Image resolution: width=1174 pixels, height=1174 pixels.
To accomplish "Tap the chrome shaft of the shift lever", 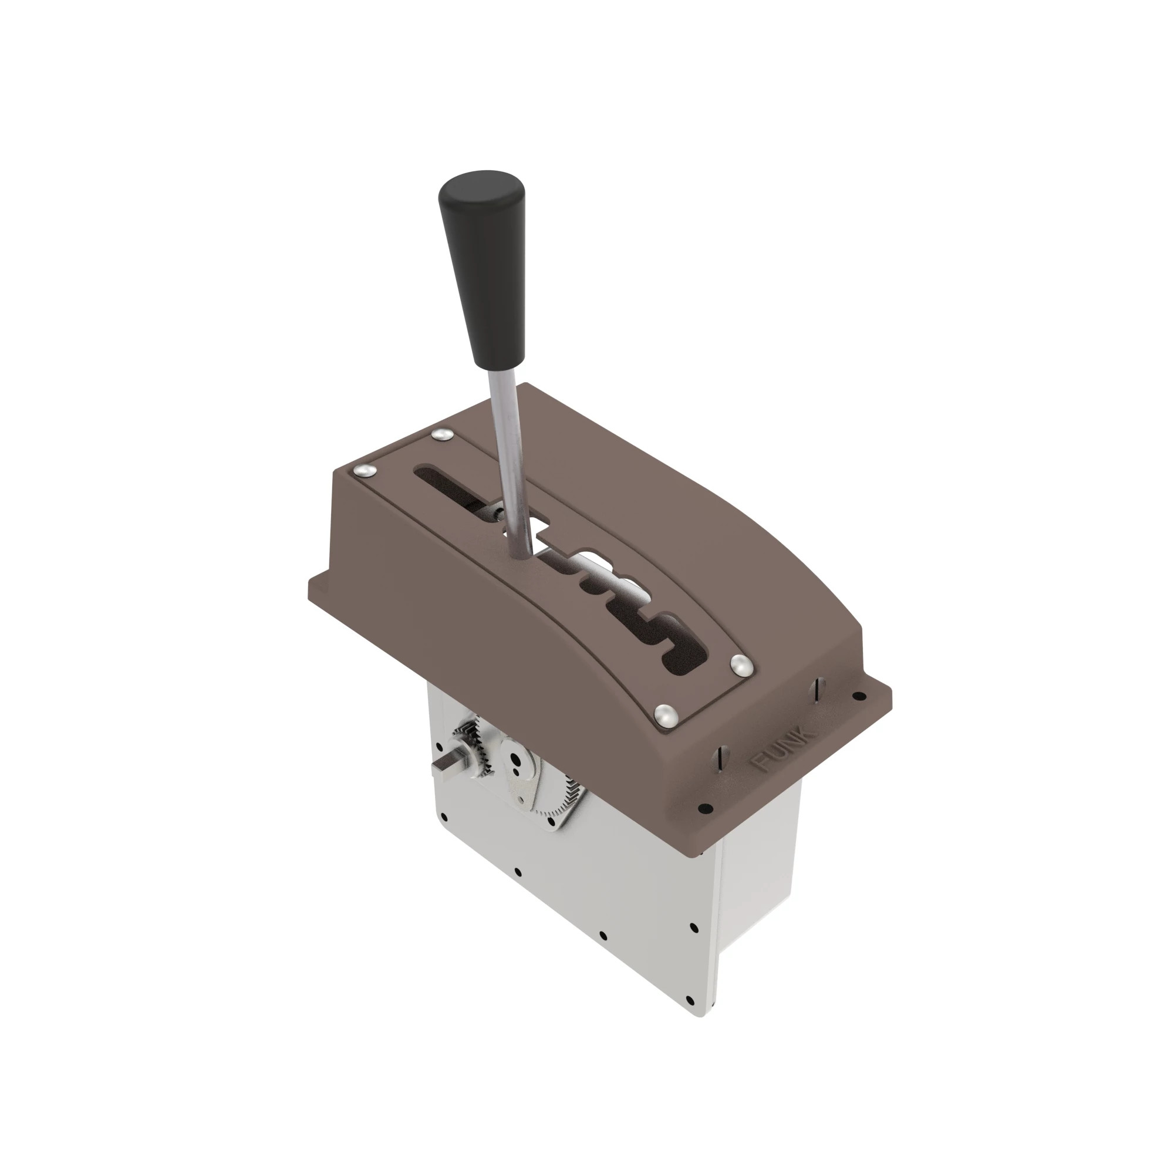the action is [511, 462].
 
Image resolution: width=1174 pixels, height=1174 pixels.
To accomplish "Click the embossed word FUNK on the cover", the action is [782, 747].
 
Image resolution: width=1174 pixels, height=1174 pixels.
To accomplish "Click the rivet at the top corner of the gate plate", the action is [442, 434].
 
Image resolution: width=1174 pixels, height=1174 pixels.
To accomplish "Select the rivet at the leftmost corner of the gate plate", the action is [364, 470].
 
